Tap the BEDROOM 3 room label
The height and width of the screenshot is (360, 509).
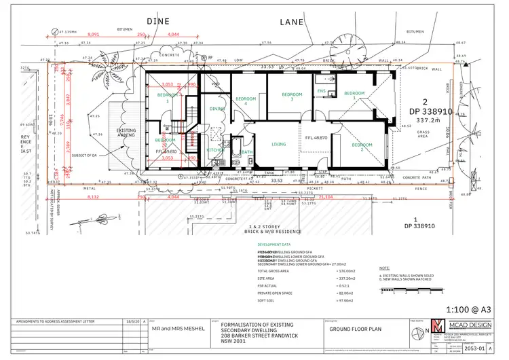(291, 97)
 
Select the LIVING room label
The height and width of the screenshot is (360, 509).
(279, 143)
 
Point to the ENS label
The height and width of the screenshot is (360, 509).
(322, 91)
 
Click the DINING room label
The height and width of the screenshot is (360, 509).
(217, 108)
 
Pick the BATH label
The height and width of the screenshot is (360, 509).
(247, 152)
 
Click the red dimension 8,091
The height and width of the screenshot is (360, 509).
(94, 34)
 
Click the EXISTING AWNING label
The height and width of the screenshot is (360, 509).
(126, 132)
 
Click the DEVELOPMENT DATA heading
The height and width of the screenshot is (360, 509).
(275, 243)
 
